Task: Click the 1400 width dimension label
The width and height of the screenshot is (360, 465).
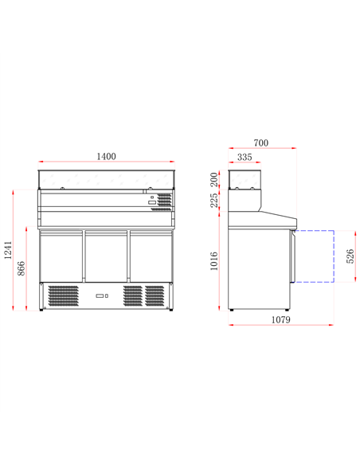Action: pyautogui.click(x=106, y=157)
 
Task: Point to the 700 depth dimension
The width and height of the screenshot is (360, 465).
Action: pyautogui.click(x=261, y=143)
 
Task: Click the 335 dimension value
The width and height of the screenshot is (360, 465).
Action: pyautogui.click(x=245, y=158)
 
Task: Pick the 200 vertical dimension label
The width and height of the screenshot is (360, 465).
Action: pyautogui.click(x=214, y=178)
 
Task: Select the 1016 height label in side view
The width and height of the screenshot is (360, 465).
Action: pyautogui.click(x=214, y=261)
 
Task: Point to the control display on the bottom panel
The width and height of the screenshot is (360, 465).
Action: pyautogui.click(x=101, y=297)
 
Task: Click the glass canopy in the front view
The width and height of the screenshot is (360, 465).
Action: pyautogui.click(x=106, y=180)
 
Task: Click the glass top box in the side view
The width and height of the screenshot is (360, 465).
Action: pyautogui.click(x=245, y=179)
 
